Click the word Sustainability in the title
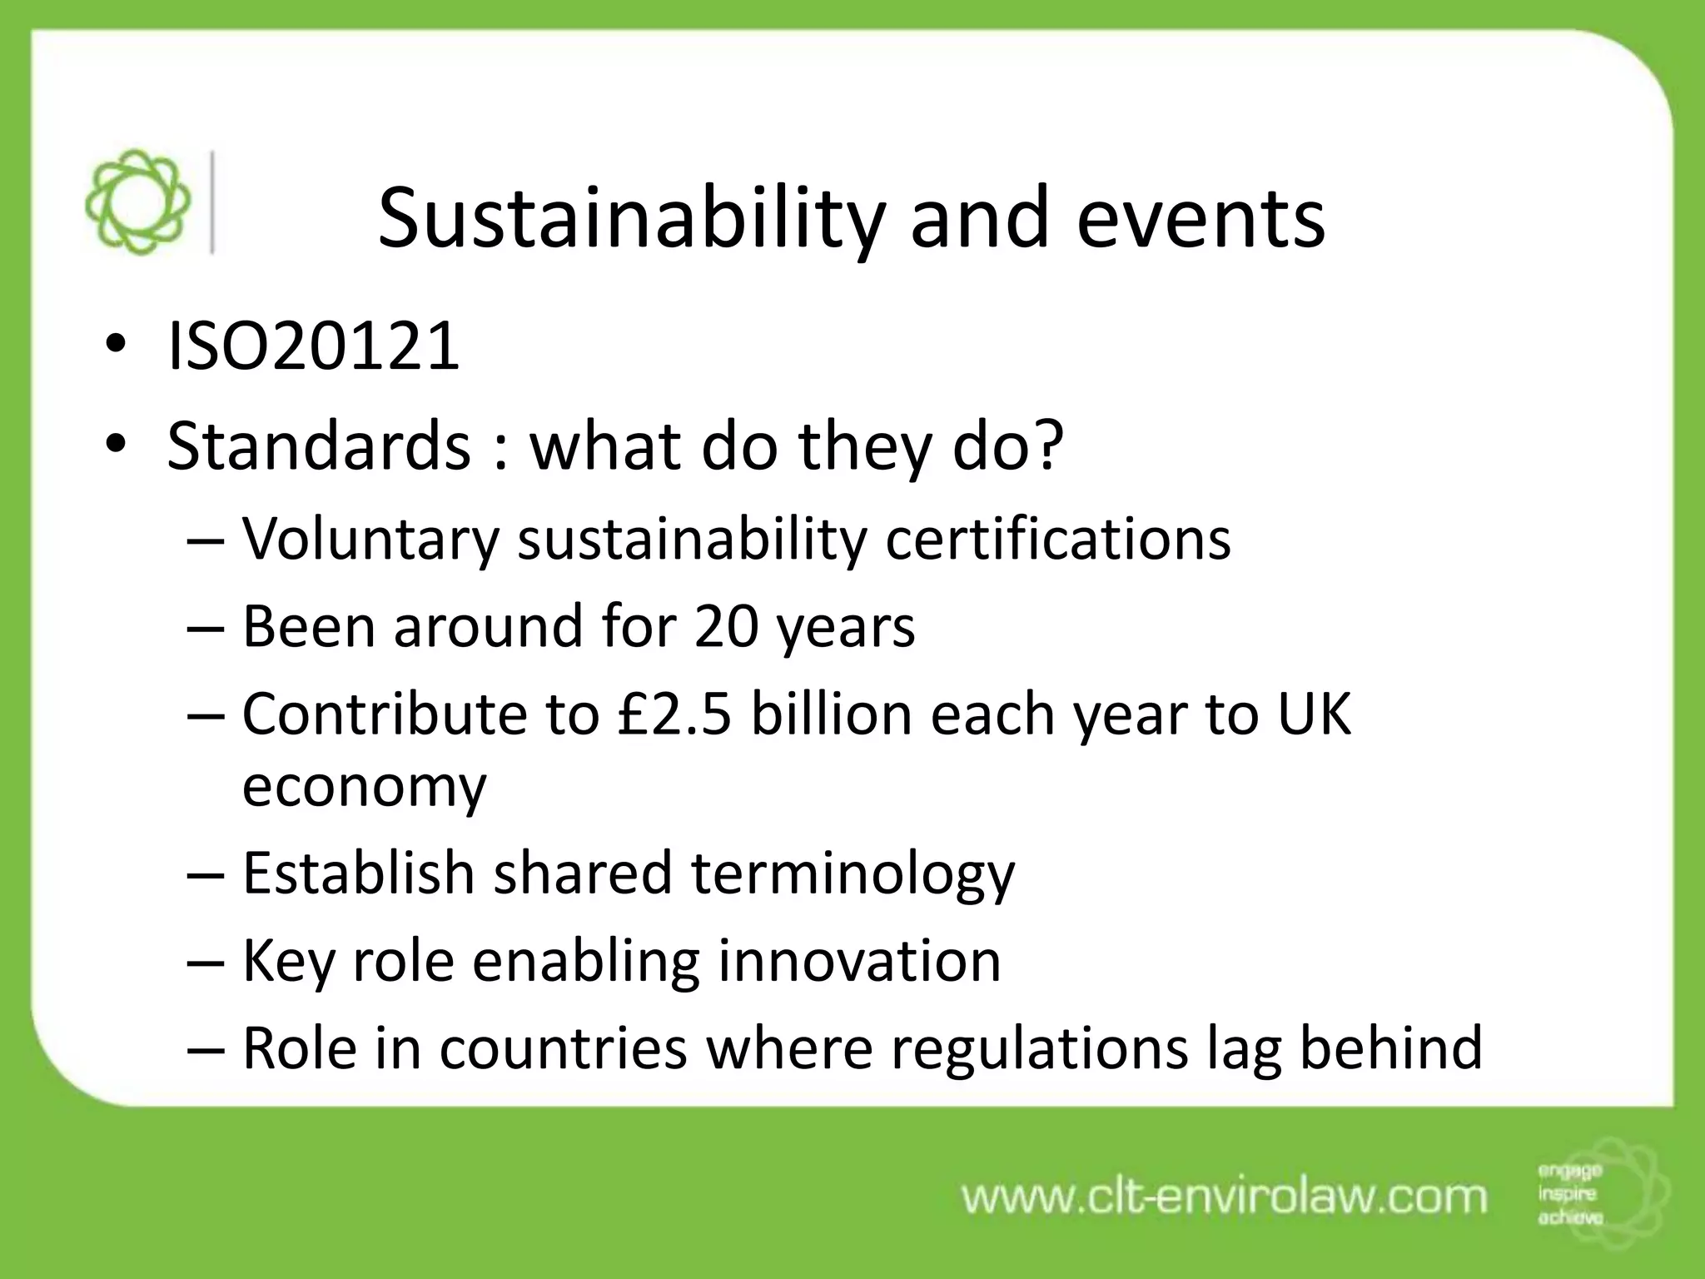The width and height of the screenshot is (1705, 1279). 629,219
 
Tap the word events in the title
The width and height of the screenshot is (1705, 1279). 1200,219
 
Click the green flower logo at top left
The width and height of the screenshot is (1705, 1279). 138,202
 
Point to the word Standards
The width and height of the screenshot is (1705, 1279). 319,445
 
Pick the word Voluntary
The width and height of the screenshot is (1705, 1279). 370,539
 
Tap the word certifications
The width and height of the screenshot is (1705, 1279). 1057,539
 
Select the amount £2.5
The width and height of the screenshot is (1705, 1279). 675,714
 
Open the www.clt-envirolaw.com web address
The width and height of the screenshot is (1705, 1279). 1224,1197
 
